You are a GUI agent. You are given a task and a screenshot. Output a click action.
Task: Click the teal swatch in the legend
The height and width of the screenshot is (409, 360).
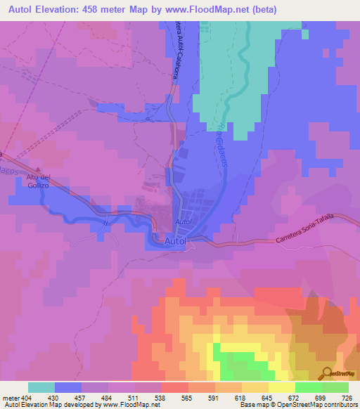pos(41,387)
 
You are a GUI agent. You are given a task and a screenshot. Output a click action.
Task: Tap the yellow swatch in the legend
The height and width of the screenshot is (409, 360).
pos(281,387)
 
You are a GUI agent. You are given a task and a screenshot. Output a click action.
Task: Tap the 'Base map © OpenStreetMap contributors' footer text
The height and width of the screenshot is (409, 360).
pos(298,405)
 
